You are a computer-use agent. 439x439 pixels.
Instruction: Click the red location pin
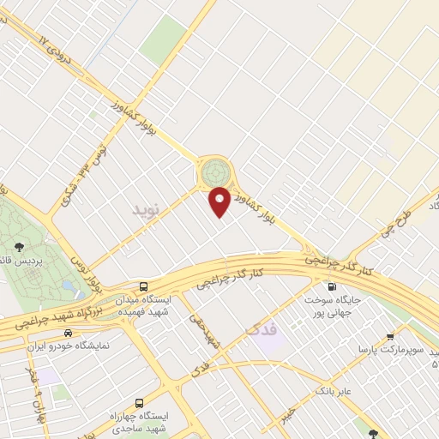[220, 201]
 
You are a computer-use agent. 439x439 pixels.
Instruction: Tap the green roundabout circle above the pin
[213, 172]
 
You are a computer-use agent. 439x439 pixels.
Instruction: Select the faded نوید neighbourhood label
[145, 209]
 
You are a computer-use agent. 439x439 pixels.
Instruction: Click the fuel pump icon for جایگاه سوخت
[331, 286]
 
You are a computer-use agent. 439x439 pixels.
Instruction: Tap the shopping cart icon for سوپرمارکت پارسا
[391, 336]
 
